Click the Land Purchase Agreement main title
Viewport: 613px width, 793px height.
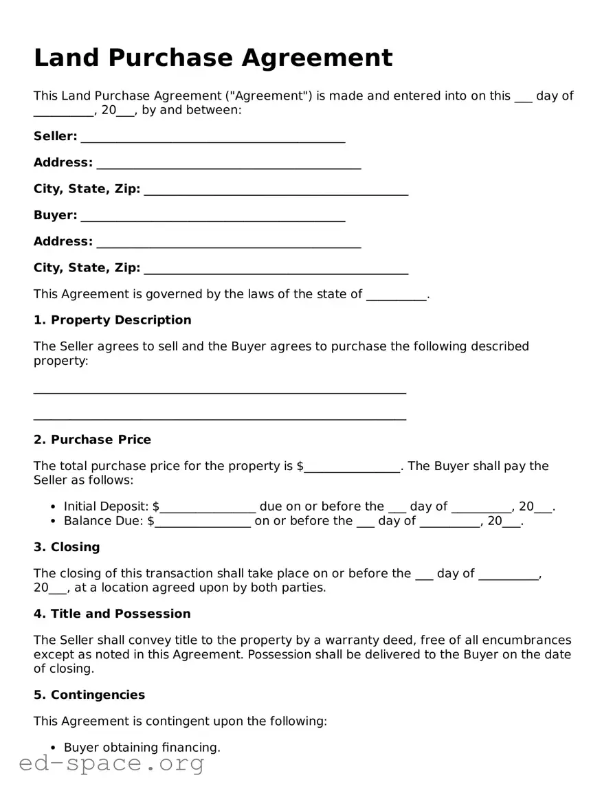pos(213,58)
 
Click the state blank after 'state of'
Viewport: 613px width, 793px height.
pos(397,296)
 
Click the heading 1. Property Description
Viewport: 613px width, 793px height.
pos(113,320)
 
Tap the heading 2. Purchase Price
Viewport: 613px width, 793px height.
pos(92,440)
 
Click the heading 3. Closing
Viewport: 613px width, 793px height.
pos(67,548)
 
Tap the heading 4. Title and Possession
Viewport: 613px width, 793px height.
pos(112,614)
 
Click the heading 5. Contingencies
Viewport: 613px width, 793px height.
pos(89,695)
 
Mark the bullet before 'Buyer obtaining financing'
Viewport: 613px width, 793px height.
pos(54,748)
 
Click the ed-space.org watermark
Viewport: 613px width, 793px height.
pos(111,763)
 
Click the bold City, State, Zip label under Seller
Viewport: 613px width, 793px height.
pos(87,189)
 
